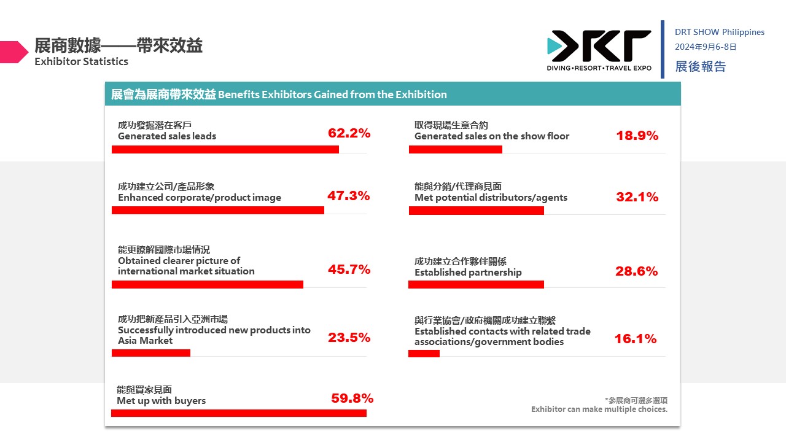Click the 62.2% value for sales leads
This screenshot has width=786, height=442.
(349, 133)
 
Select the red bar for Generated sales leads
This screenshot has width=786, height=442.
(225, 149)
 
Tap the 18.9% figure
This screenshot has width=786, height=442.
(637, 136)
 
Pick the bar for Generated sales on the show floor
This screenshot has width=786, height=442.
(456, 149)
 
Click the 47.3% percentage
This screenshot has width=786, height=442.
(348, 196)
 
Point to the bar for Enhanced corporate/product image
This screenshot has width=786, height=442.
(218, 211)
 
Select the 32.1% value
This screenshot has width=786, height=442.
(637, 197)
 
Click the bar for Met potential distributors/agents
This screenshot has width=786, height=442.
(477, 211)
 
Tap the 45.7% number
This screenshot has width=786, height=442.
(349, 269)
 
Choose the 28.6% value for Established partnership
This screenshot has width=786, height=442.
(636, 271)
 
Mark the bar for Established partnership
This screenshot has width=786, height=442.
(477, 284)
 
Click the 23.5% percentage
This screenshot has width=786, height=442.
(349, 337)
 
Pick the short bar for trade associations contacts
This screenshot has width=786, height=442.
(424, 353)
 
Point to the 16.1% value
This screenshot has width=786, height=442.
(635, 338)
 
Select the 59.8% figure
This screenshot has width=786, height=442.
(352, 398)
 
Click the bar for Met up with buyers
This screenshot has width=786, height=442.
(239, 413)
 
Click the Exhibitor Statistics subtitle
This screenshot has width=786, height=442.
(81, 61)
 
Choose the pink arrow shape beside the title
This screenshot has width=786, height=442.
(14, 52)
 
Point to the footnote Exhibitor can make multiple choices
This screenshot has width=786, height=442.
(599, 409)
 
